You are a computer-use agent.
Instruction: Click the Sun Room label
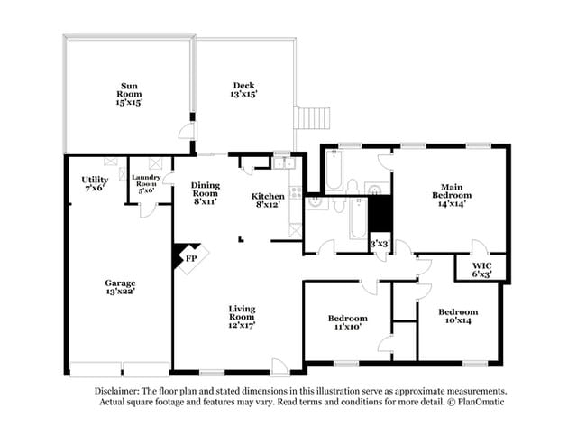click(x=129, y=94)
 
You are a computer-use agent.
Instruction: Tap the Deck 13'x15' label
click(x=243, y=89)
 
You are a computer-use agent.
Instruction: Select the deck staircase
click(x=312, y=118)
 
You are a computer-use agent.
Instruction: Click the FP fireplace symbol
click(x=190, y=258)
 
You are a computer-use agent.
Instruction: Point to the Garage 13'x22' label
click(x=120, y=287)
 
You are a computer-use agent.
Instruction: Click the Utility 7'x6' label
click(x=95, y=184)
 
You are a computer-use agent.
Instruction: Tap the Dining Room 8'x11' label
click(x=206, y=193)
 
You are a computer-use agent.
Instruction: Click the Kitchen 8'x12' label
click(x=268, y=200)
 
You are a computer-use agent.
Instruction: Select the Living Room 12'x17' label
click(x=242, y=317)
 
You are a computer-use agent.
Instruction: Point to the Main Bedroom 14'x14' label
click(x=452, y=195)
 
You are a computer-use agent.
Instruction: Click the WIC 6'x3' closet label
click(x=481, y=270)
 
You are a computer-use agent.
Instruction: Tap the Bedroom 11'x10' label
click(x=348, y=322)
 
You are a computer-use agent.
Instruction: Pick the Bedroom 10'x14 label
click(x=458, y=316)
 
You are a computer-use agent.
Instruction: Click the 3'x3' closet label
click(x=380, y=244)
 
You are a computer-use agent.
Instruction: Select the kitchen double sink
click(x=284, y=163)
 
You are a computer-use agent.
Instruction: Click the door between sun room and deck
click(x=187, y=131)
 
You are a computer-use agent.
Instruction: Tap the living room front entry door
click(x=280, y=366)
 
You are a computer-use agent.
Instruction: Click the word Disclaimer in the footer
click(x=117, y=391)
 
